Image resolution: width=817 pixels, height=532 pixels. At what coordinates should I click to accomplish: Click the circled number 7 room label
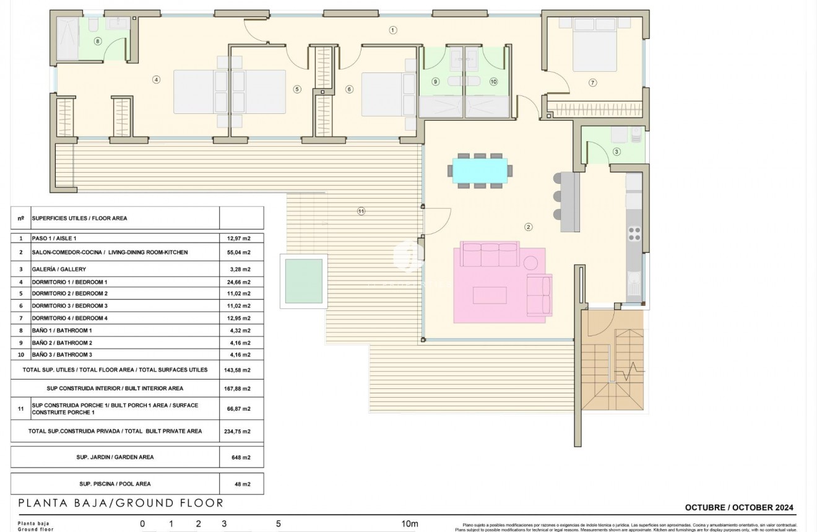pyautogui.click(x=592, y=83)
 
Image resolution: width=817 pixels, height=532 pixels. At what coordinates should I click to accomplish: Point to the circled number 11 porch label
pyautogui.click(x=361, y=211)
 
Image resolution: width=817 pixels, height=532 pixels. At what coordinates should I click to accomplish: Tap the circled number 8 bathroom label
pyautogui.click(x=97, y=41)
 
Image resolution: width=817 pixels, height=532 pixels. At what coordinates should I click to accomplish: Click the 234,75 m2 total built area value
pyautogui.click(x=238, y=431)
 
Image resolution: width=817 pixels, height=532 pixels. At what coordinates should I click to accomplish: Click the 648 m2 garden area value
pyautogui.click(x=241, y=458)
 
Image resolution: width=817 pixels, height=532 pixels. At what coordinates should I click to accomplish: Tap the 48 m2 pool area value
pyautogui.click(x=241, y=484)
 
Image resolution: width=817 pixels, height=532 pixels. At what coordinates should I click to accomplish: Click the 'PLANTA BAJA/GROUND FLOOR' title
pyautogui.click(x=121, y=503)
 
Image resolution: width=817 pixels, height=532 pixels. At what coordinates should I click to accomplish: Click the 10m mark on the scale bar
pyautogui.click(x=410, y=524)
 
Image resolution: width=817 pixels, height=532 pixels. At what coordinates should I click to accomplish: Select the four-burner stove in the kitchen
pyautogui.click(x=634, y=233)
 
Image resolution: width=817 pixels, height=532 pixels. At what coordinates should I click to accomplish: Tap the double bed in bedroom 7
pyautogui.click(x=595, y=46)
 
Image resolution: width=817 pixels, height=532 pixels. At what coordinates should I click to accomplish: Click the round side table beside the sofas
pyautogui.click(x=531, y=263)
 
